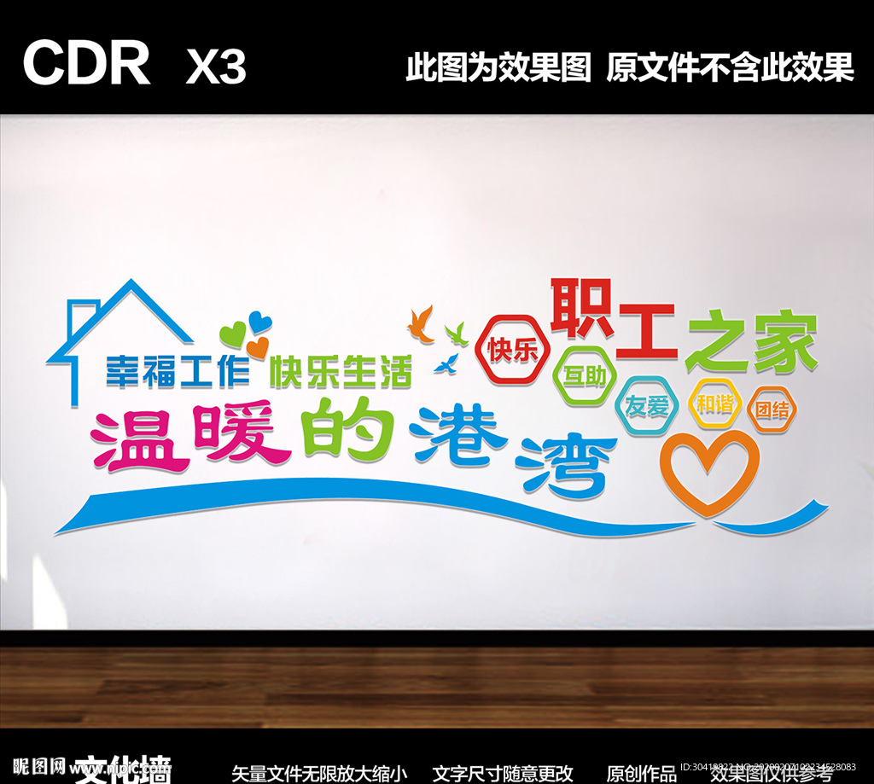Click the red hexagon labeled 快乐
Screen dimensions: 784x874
(513, 350)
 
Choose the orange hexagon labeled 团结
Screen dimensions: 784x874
(772, 409)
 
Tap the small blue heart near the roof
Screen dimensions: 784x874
(259, 323)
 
